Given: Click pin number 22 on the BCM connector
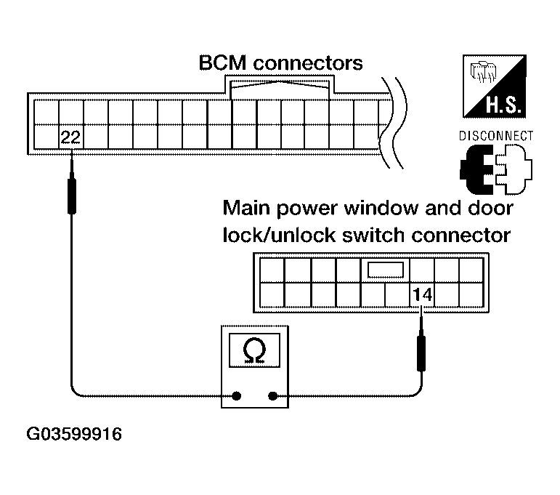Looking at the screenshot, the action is tap(70, 137).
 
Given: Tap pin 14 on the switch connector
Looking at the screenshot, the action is tap(423, 295).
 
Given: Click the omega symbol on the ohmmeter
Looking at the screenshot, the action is tap(254, 351).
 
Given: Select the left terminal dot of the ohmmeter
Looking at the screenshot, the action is tap(236, 395).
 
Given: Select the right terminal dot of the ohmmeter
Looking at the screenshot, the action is tap(272, 395).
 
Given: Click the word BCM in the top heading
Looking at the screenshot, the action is tap(222, 63).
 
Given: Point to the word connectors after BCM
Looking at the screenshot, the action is tap(308, 63).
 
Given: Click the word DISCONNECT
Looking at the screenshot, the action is tap(496, 136).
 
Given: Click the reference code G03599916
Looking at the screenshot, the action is tap(74, 434).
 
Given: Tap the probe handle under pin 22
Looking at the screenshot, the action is tap(72, 196).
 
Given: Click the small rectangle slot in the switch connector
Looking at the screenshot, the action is tap(386, 270).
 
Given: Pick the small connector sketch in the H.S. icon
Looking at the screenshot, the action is tap(482, 71).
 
